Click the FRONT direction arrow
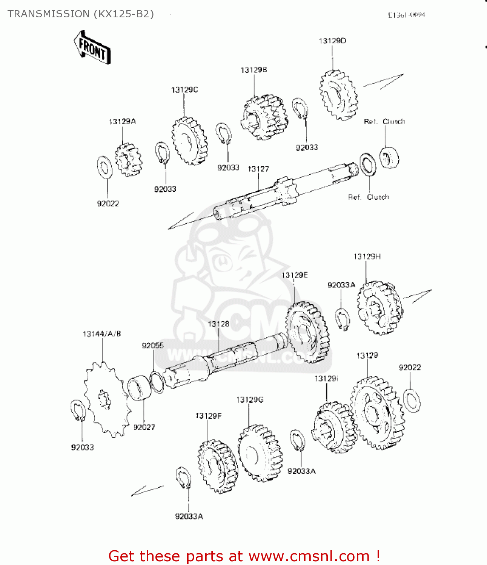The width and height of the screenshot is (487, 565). pyautogui.click(x=92, y=47)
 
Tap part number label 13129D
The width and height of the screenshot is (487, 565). pyautogui.click(x=332, y=41)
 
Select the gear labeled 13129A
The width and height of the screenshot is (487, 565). pyautogui.click(x=128, y=160)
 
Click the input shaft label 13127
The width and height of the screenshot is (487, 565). pyautogui.click(x=258, y=169)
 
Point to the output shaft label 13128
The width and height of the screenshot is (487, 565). pyautogui.click(x=218, y=324)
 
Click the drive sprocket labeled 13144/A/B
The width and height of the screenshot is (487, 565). pyautogui.click(x=104, y=399)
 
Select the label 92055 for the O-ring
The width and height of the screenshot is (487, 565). pyautogui.click(x=153, y=345)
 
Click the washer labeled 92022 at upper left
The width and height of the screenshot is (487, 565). pyautogui.click(x=104, y=168)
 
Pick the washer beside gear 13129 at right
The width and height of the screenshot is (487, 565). pyautogui.click(x=412, y=400)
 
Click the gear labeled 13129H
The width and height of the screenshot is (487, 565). pyautogui.click(x=379, y=308)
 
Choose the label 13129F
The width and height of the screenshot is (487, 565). pyautogui.click(x=209, y=416)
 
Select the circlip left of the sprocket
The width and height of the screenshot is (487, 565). pyautogui.click(x=78, y=411)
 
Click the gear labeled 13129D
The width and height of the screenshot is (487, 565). pyautogui.click(x=338, y=95)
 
